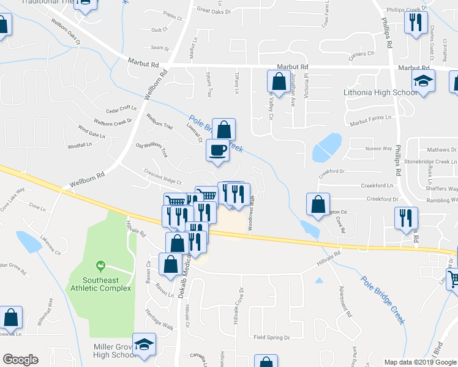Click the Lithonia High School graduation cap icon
coord(423,81)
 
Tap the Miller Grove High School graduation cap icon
coord(145,346)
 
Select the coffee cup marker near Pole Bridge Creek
coord(218,150)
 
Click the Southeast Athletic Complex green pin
coord(98,266)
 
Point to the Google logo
coord(20,360)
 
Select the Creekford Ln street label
coord(377,185)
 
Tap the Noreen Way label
coord(378,149)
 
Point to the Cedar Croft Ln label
coord(120,109)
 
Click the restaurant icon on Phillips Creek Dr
coord(416,23)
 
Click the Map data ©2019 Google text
coord(419,362)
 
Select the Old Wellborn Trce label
coord(152,150)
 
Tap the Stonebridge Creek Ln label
coord(431,161)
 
